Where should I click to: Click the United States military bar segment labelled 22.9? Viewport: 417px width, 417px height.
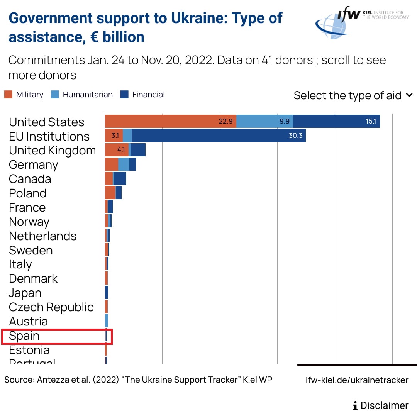(170, 121)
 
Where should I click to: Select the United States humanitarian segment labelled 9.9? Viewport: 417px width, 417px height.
(264, 121)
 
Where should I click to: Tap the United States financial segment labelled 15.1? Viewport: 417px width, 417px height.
(336, 121)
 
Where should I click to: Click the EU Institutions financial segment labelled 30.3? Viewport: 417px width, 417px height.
(219, 136)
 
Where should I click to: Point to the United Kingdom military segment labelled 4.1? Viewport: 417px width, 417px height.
(117, 150)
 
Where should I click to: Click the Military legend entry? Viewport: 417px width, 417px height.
(24, 95)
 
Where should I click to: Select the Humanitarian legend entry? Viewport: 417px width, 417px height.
(82, 95)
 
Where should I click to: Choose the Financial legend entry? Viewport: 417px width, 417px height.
(142, 95)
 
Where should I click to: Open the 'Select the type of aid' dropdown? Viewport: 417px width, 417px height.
(353, 95)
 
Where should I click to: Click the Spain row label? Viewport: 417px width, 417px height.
(24, 336)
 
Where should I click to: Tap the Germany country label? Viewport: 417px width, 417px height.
(33, 165)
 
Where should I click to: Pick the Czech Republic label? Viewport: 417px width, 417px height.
(51, 307)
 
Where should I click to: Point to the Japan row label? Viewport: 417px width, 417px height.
(25, 293)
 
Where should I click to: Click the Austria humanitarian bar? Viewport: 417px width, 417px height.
(107, 321)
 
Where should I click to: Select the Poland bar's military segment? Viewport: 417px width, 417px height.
(110, 193)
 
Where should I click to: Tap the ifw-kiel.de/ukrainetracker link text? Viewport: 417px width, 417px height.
(357, 380)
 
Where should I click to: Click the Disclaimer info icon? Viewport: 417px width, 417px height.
(355, 406)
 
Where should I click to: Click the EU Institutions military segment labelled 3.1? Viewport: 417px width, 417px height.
(114, 136)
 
